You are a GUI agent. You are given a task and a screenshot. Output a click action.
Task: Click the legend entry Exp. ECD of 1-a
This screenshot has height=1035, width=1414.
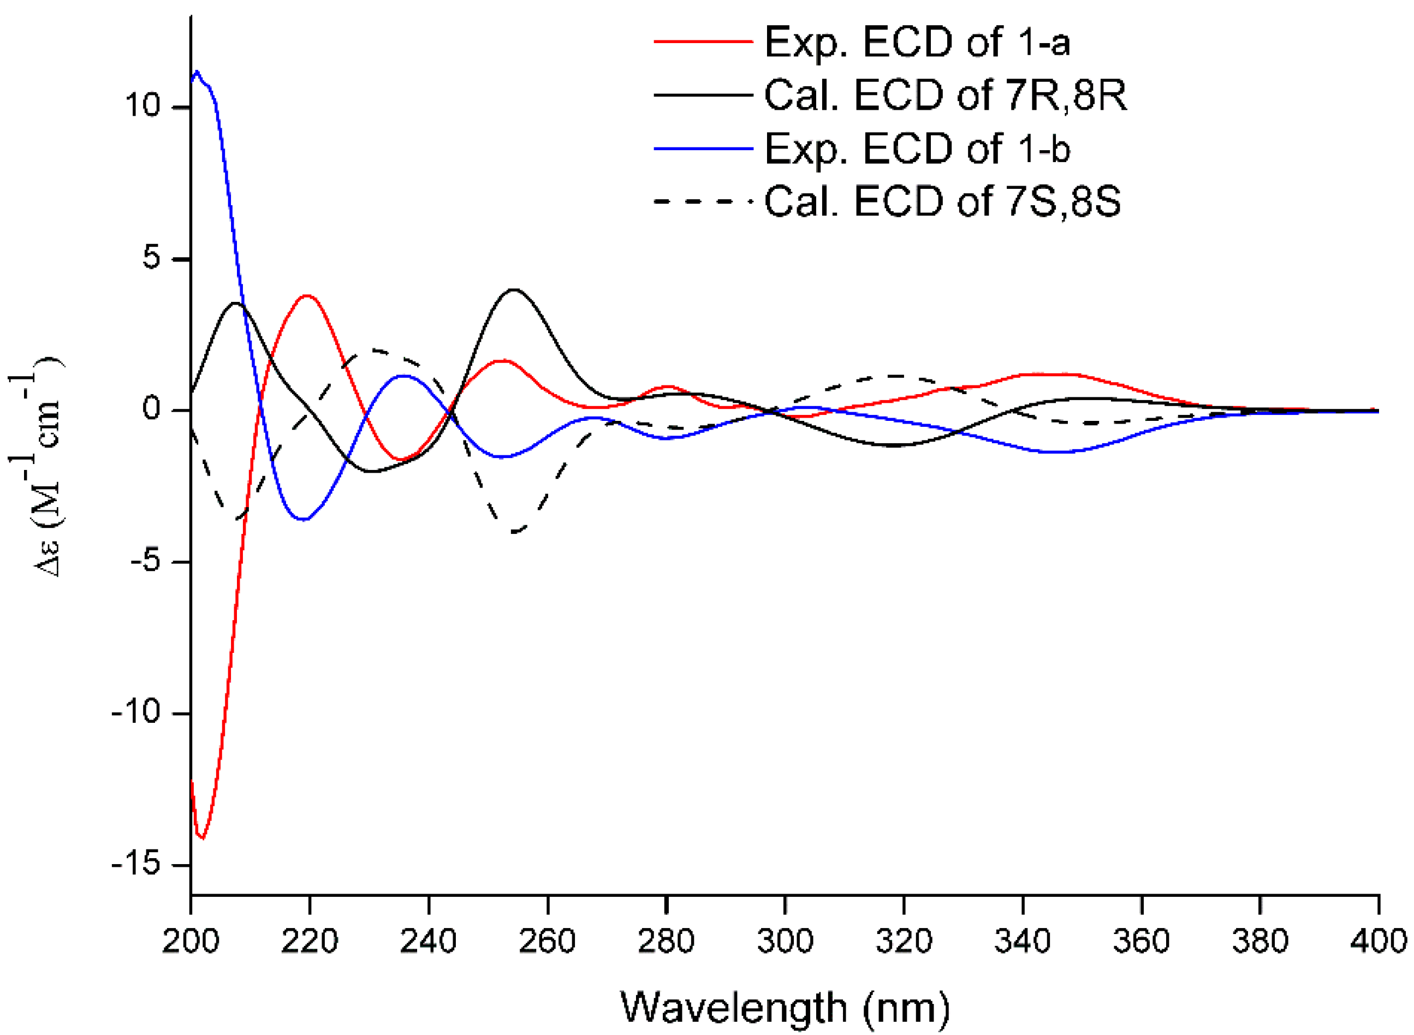click(917, 43)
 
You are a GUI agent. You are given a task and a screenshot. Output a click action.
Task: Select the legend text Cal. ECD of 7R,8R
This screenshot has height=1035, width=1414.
click(944, 96)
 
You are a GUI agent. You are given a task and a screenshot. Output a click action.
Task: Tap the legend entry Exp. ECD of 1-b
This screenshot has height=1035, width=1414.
click(917, 149)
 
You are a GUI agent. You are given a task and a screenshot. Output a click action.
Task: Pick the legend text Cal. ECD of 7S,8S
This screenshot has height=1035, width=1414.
click(942, 202)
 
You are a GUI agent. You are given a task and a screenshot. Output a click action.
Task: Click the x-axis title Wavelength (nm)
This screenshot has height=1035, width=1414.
click(785, 1007)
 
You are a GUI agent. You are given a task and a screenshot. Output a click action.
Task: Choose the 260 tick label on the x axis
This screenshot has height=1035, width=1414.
click(547, 941)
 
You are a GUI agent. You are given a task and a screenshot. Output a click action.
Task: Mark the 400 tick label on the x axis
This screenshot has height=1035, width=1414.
click(1379, 941)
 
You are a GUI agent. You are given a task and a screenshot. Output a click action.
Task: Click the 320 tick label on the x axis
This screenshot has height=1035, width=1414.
click(904, 941)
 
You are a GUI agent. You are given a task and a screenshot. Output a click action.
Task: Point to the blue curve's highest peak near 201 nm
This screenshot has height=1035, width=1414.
click(197, 72)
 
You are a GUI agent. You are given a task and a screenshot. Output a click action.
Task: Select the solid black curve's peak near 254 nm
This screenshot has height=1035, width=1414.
click(514, 289)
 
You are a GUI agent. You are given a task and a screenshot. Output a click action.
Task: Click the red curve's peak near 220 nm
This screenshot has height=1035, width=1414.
click(307, 295)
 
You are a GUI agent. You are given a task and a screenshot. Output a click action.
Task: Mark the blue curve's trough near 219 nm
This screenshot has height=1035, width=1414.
click(305, 519)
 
